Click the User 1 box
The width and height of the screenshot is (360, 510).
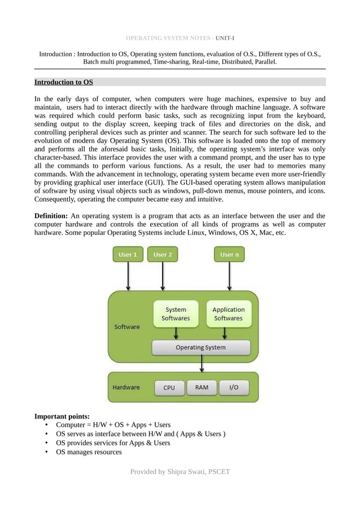(128, 255)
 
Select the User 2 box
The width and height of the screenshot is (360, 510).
(163, 255)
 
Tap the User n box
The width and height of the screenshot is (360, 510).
(229, 255)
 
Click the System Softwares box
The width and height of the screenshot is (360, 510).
(176, 314)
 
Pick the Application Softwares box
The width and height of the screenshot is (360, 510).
(228, 314)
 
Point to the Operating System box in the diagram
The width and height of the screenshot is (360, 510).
(200, 347)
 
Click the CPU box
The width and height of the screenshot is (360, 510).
(169, 387)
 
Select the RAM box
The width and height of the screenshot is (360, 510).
(201, 387)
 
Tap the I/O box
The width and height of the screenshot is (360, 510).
(234, 387)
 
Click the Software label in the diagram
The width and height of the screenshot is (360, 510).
(127, 326)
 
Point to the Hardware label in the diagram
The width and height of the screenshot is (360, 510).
(126, 387)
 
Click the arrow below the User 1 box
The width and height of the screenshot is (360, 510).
(129, 276)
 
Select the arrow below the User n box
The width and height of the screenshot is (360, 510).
(229, 276)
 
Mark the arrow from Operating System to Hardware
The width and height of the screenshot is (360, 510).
(202, 364)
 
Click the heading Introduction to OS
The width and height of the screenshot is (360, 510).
(64, 82)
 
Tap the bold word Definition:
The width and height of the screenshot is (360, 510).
(51, 216)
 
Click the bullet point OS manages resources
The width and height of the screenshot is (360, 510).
(89, 452)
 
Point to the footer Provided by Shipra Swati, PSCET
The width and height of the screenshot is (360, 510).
(180, 472)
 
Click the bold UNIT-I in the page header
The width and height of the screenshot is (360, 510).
(225, 38)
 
